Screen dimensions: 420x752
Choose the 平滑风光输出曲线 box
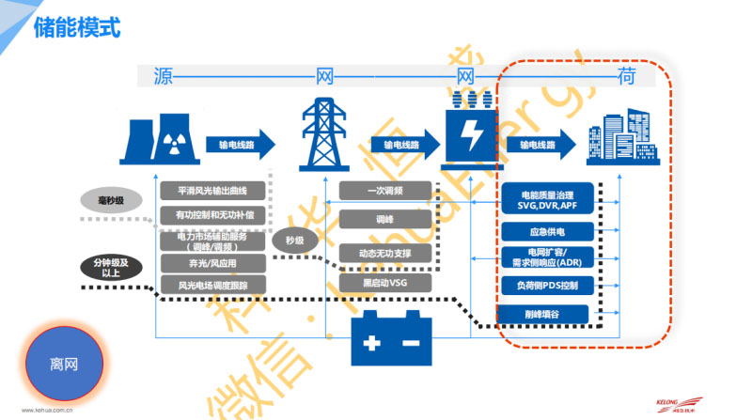[x=212, y=191]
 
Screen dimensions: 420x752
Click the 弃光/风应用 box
[x=212, y=263]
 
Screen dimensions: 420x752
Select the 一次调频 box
[x=385, y=191]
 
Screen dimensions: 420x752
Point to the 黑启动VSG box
[x=385, y=282]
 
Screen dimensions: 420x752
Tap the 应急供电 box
[x=547, y=231]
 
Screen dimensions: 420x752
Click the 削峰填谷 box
[x=547, y=313]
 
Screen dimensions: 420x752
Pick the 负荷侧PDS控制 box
[x=547, y=286]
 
